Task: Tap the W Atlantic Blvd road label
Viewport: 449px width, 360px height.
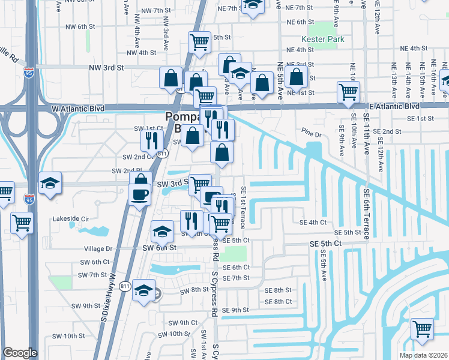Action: click(x=78, y=109)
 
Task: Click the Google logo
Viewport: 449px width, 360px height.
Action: click(x=20, y=353)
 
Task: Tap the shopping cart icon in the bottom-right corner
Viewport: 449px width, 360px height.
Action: click(x=423, y=329)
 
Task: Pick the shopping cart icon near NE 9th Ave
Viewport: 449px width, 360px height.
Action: click(x=348, y=92)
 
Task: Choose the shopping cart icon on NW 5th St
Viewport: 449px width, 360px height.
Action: click(x=199, y=42)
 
